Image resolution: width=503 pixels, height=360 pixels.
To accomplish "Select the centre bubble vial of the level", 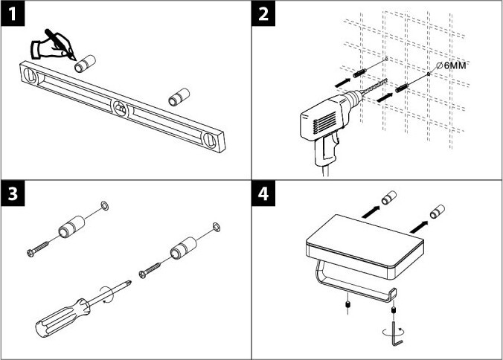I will [119, 108].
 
